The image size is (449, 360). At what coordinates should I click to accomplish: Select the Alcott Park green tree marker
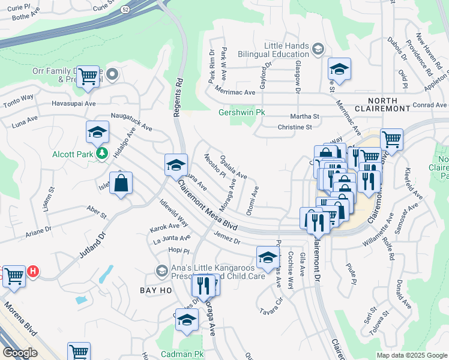[x=103, y=154]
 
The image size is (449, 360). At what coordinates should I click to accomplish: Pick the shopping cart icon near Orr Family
[x=88, y=76]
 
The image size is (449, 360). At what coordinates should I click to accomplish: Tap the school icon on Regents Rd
[x=175, y=164]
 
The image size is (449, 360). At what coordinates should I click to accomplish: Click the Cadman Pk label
[x=182, y=355]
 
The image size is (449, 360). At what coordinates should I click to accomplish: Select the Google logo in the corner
[x=20, y=353]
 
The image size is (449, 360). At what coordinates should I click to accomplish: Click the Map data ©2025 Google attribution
[x=411, y=355]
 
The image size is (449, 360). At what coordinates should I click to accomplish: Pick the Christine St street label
[x=295, y=127]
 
